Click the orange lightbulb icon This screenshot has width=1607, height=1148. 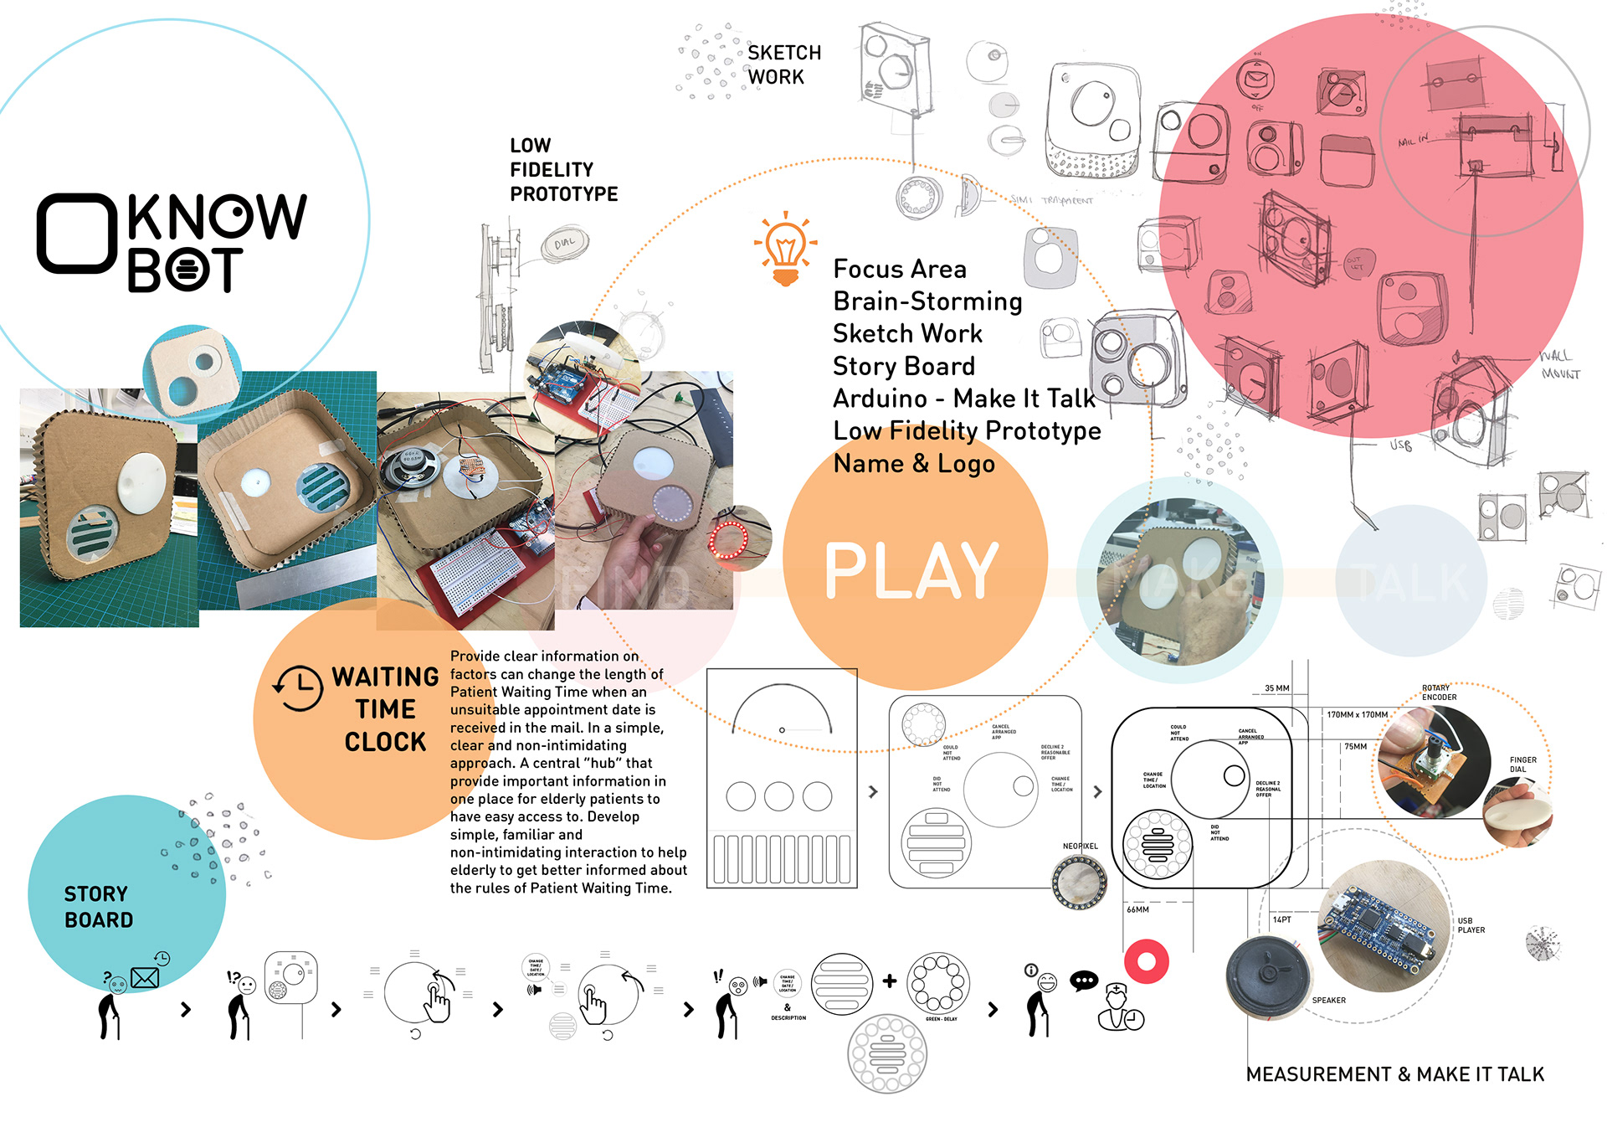pos(785,249)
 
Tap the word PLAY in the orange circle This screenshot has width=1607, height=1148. pos(911,571)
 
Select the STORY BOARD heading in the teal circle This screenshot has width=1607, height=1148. pos(98,907)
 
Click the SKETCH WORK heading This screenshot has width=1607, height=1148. pos(783,64)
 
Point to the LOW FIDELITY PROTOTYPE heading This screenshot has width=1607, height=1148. pos(563,170)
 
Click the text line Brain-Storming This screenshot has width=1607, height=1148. pos(927,301)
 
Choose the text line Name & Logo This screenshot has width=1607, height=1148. pos(914,463)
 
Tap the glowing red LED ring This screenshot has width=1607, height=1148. pos(730,540)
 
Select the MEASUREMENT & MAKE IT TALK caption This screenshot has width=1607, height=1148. pos(1394,1074)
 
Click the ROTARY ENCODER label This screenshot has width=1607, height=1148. pos(1439,692)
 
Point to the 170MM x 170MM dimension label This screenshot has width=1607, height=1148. pos(1357,715)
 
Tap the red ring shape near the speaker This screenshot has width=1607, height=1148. pos(1146,961)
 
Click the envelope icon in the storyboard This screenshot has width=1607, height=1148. pos(144,977)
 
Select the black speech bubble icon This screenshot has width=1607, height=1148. pos(1084,981)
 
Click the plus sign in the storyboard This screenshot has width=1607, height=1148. pos(889,981)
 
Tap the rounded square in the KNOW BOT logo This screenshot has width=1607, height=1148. pos(76,234)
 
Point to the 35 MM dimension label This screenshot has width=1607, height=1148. pos(1276,688)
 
